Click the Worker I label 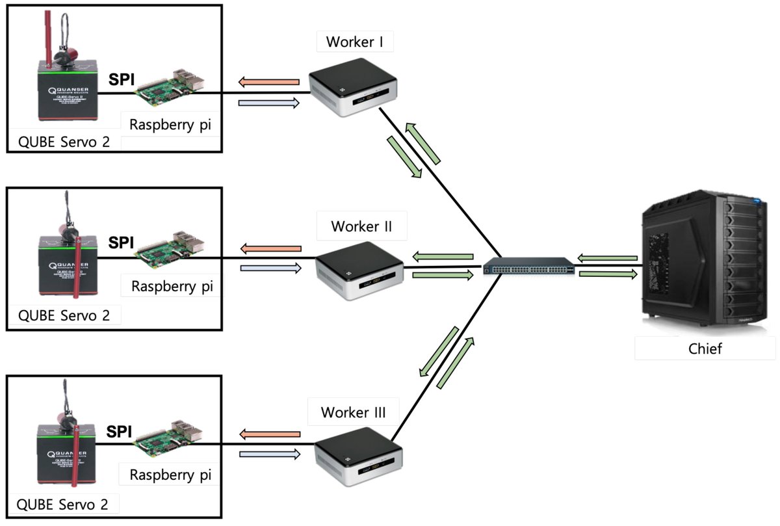355,43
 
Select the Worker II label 363,227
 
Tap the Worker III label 354,412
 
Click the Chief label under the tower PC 705,348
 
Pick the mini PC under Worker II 359,271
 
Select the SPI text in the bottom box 120,432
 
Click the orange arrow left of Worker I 268,82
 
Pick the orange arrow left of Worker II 270,249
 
